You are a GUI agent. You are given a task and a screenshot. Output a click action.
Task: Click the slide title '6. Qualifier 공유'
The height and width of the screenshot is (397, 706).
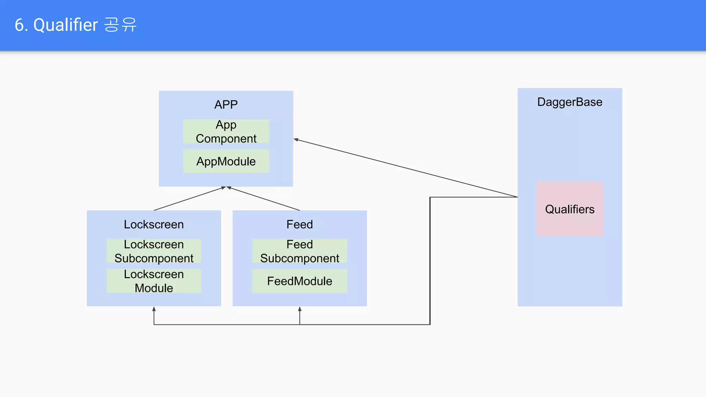coord(75,25)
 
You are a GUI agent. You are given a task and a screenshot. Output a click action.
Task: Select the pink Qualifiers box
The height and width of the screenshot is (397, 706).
coord(569,209)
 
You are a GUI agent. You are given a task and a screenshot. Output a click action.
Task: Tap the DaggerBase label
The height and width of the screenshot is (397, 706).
coord(569,102)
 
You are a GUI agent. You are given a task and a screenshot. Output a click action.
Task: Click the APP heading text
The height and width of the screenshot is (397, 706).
coord(226,104)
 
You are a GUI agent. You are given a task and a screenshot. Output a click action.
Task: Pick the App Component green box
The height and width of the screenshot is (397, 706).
coord(226,131)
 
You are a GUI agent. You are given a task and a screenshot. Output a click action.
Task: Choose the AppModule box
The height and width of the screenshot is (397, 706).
coord(226,161)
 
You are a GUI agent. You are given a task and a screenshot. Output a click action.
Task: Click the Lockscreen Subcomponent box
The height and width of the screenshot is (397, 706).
coord(154,251)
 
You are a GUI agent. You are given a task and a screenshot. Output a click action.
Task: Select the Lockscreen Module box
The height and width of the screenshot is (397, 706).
coord(154,281)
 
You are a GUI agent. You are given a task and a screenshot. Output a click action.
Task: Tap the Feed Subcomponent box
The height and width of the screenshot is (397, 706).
coord(300,251)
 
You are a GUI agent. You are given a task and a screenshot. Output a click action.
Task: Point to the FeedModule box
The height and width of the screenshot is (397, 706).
coord(300,281)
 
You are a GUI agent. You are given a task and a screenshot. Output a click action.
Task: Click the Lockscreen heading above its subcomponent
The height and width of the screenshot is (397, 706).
coord(154,224)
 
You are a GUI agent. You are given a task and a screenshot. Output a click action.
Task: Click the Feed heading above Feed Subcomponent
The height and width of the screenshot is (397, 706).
coord(300,224)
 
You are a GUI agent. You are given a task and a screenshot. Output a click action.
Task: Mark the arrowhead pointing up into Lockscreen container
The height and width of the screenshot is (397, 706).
coord(154,309)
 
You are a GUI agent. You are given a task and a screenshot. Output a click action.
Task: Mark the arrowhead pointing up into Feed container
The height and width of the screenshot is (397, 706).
coord(300,309)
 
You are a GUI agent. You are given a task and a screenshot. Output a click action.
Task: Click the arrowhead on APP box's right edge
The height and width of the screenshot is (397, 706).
coord(296,140)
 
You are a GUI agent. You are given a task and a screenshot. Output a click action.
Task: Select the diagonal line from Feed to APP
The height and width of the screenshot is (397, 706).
coord(264,198)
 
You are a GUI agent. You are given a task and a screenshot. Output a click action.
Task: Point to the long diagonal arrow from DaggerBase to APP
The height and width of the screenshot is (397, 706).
coord(407,168)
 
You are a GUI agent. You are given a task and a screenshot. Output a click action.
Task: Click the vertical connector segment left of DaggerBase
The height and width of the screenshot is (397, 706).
coord(430,262)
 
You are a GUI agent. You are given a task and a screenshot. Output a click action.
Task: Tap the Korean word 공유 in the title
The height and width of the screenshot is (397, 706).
coord(120,25)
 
